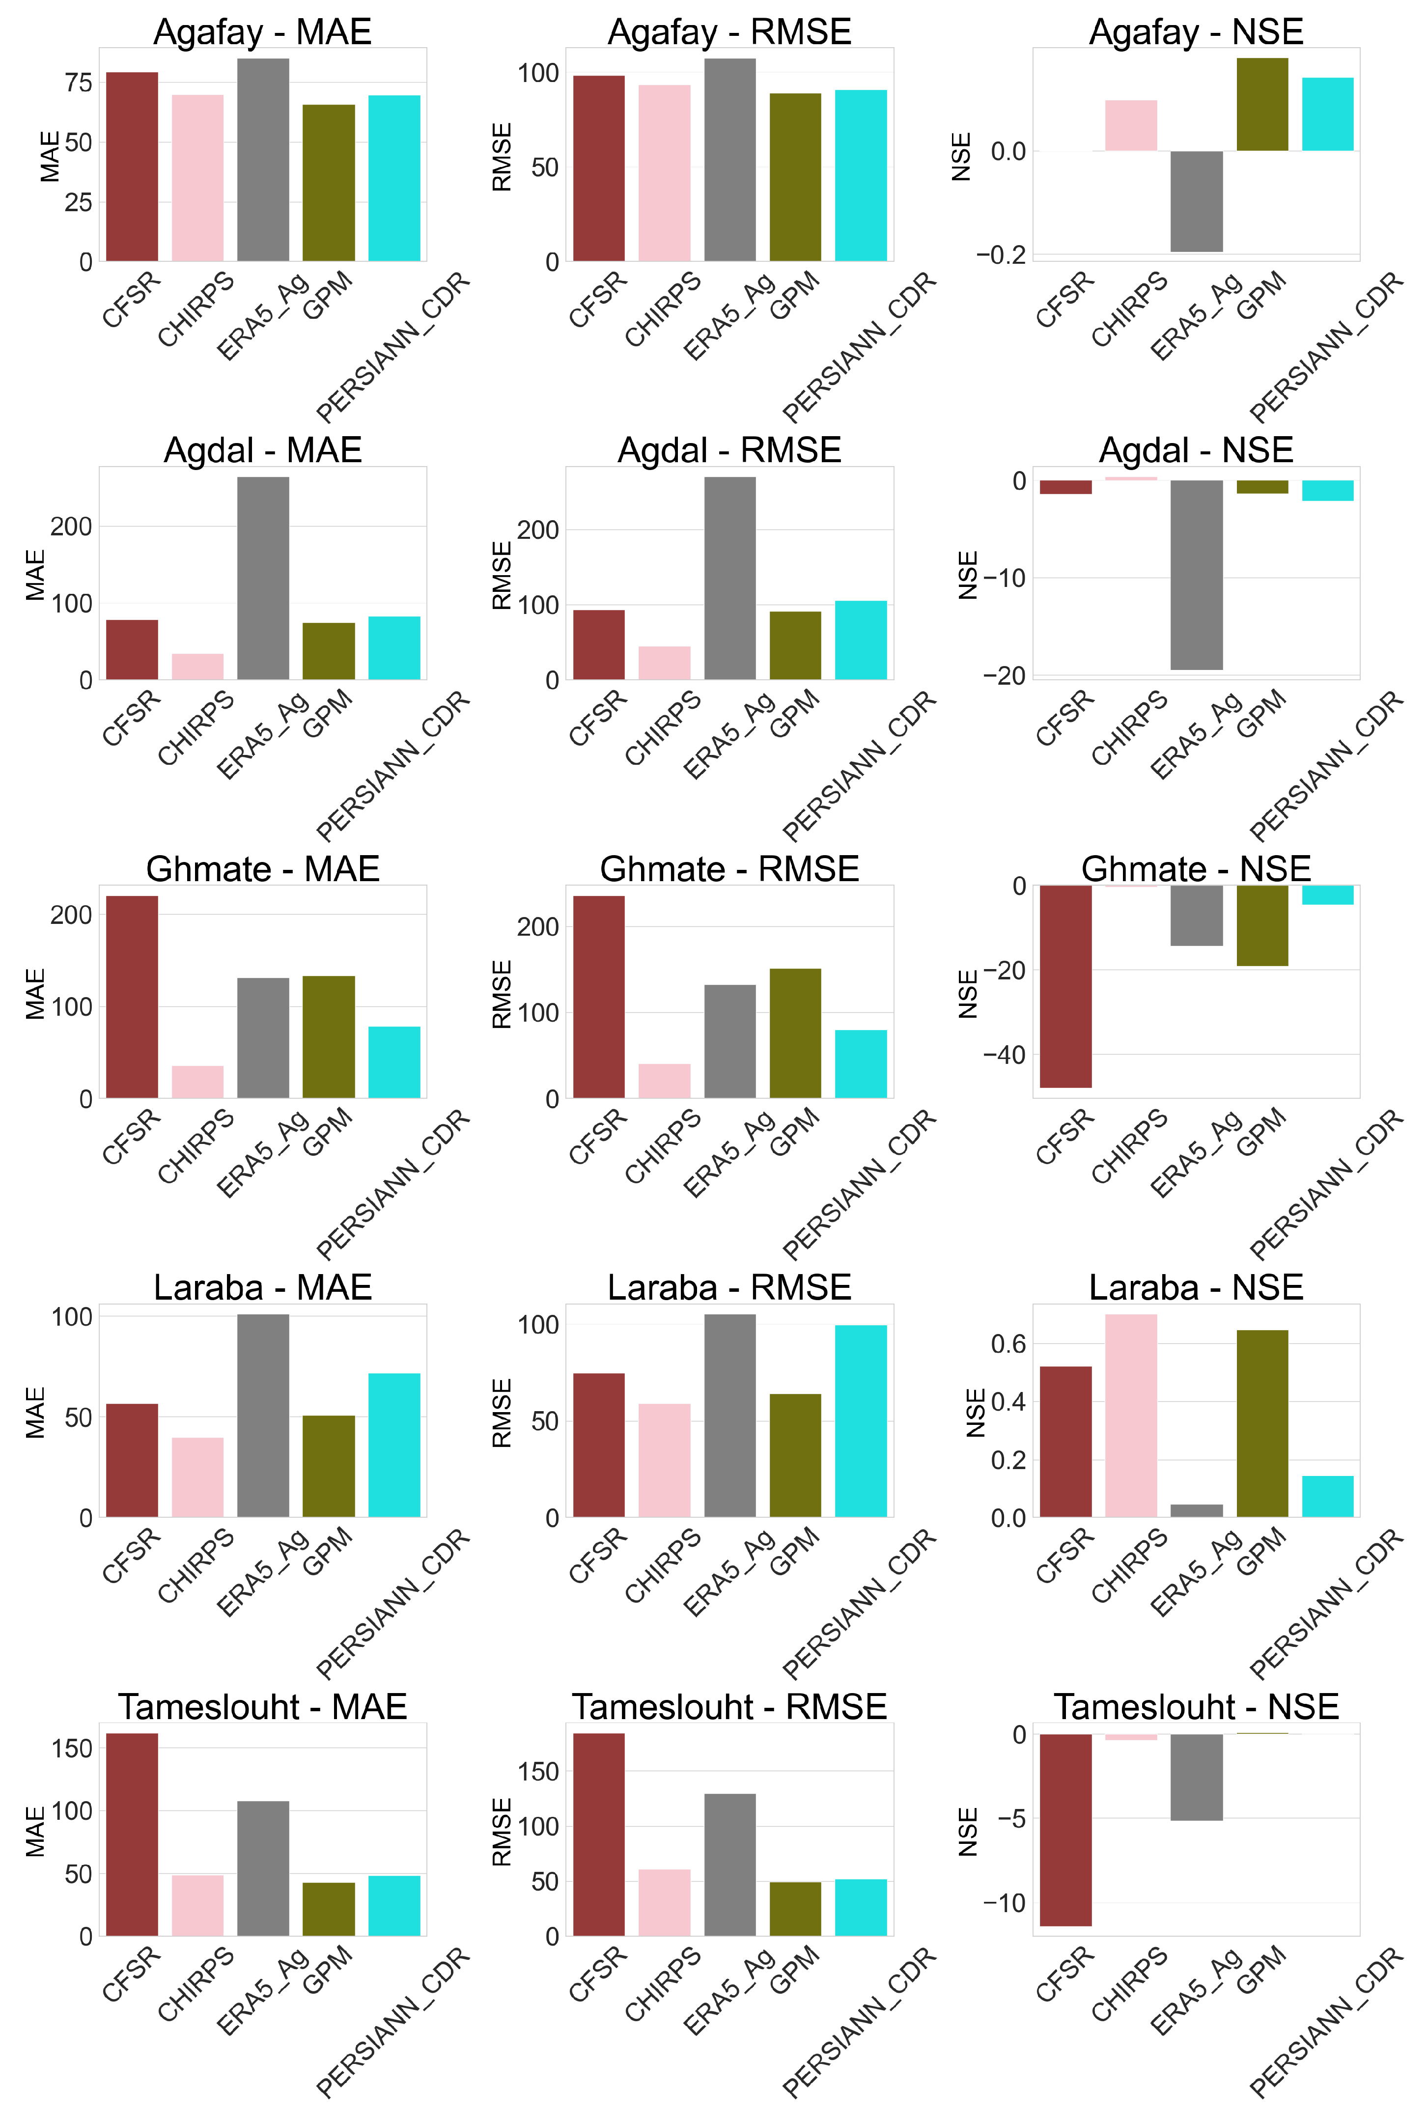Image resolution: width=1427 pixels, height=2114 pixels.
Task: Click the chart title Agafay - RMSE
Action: pyautogui.click(x=729, y=32)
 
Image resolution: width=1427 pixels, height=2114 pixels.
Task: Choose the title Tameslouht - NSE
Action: pyautogui.click(x=1196, y=1706)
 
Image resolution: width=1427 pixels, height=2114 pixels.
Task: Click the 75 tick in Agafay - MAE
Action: pyautogui.click(x=78, y=83)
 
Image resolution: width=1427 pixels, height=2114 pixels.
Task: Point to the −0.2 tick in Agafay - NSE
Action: pyautogui.click(x=1001, y=255)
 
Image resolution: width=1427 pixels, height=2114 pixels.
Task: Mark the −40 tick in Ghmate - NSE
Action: pyautogui.click(x=1004, y=1055)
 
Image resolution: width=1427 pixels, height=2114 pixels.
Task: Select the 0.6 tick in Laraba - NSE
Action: pyautogui.click(x=1007, y=1343)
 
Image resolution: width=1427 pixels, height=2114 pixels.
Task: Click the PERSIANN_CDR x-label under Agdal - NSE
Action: pyautogui.click(x=1326, y=766)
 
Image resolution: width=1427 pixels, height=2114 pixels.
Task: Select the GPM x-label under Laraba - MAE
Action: pyautogui.click(x=328, y=1552)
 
